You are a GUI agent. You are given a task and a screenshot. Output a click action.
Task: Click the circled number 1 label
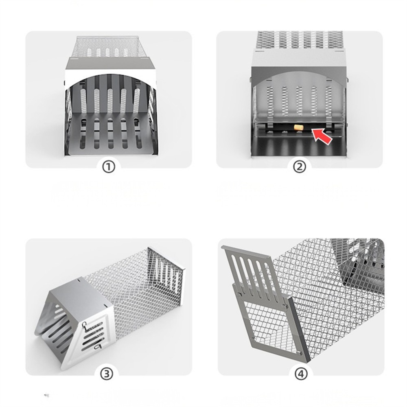pyautogui.click(x=108, y=167)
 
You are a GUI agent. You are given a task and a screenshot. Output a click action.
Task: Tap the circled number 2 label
pyautogui.click(x=299, y=167)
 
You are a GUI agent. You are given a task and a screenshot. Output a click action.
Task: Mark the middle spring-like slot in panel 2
pyautogui.click(x=300, y=100)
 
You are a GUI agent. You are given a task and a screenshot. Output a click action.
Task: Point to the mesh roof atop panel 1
pyautogui.click(x=108, y=47)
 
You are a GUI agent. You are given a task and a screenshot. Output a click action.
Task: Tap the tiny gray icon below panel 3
pyautogui.click(x=46, y=395)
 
